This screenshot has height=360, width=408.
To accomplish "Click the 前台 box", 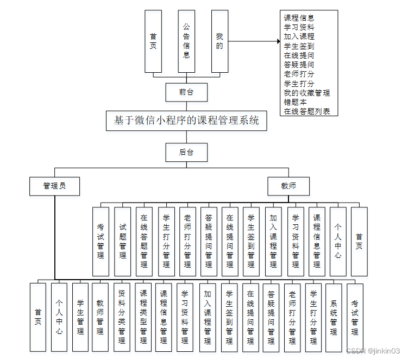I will click(186, 92).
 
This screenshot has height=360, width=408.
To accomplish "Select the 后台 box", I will click(186, 152).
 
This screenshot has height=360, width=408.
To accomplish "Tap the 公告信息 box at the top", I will click(186, 41).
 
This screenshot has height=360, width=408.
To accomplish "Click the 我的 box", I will click(219, 41).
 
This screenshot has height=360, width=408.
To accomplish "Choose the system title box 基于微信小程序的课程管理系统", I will click(186, 121).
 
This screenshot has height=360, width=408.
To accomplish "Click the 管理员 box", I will click(55, 186).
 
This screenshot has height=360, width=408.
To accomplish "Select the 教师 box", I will click(288, 186).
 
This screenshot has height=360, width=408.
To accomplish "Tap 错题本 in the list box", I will click(295, 102).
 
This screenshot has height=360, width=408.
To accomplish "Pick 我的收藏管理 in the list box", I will click(306, 93).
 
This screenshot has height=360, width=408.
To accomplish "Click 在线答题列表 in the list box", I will click(306, 111).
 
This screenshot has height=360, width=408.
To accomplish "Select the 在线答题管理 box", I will click(144, 241).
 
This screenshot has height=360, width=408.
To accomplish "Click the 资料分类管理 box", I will click(122, 317).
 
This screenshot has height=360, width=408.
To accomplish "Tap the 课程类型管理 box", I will click(143, 317).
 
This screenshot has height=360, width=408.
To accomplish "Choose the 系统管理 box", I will click(334, 317).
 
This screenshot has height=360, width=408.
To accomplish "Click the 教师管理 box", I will click(100, 317).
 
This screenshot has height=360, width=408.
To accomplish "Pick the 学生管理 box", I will click(80, 317).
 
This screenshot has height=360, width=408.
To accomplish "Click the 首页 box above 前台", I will click(153, 41).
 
